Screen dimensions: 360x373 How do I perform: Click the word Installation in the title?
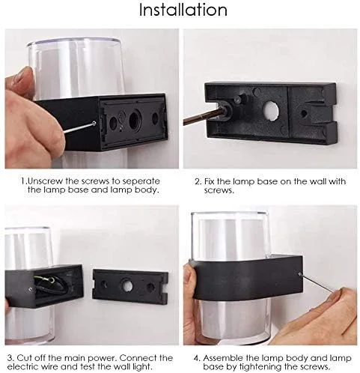tap(183, 10)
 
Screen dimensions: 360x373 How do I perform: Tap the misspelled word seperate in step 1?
tap(141, 181)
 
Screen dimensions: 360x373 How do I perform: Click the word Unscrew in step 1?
tap(46, 181)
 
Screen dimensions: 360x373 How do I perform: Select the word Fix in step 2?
tap(210, 181)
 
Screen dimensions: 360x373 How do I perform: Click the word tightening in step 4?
tap(259, 367)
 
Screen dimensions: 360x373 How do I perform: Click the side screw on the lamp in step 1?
tap(94, 123)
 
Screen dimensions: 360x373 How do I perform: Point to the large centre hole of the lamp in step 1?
tap(134, 120)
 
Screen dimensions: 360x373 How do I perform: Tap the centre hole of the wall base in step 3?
tap(126, 286)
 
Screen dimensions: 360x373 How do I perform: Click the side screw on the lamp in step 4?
tap(299, 274)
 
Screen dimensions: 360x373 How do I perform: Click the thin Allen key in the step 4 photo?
tap(317, 283)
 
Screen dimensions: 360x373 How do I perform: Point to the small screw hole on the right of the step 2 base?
tap(304, 114)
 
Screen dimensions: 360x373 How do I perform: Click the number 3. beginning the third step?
tap(10, 358)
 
